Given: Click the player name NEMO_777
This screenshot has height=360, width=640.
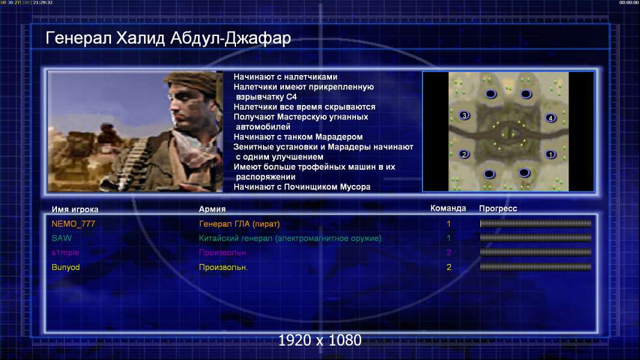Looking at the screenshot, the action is click(73, 224).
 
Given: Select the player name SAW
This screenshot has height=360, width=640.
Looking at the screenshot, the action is click(62, 238).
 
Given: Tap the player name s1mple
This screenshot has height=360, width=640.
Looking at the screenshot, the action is click(65, 253).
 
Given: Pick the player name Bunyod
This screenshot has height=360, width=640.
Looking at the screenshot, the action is click(65, 268).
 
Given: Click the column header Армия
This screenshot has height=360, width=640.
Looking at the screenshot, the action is click(213, 209).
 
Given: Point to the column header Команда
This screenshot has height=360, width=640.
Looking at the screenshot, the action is click(448, 208).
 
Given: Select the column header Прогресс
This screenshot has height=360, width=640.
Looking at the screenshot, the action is click(498, 209).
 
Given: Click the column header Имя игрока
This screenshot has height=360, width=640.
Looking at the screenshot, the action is click(74, 209).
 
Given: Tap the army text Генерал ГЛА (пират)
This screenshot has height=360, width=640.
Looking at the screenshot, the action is click(239, 224).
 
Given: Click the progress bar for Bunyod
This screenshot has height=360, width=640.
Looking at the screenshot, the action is click(536, 267).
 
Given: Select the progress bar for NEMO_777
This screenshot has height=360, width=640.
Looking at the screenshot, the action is click(536, 223).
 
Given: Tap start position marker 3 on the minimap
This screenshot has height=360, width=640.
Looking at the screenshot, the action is click(463, 115).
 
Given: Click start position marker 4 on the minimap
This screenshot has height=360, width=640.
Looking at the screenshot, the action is click(551, 118).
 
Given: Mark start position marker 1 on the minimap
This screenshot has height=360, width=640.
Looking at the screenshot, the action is click(551, 155).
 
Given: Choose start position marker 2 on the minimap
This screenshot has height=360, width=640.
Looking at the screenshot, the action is click(463, 154).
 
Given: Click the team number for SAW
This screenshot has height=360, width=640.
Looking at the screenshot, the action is click(448, 238).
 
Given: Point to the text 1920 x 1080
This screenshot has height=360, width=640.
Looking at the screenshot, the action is click(319, 340).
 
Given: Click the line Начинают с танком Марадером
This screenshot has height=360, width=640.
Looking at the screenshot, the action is click(298, 137).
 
